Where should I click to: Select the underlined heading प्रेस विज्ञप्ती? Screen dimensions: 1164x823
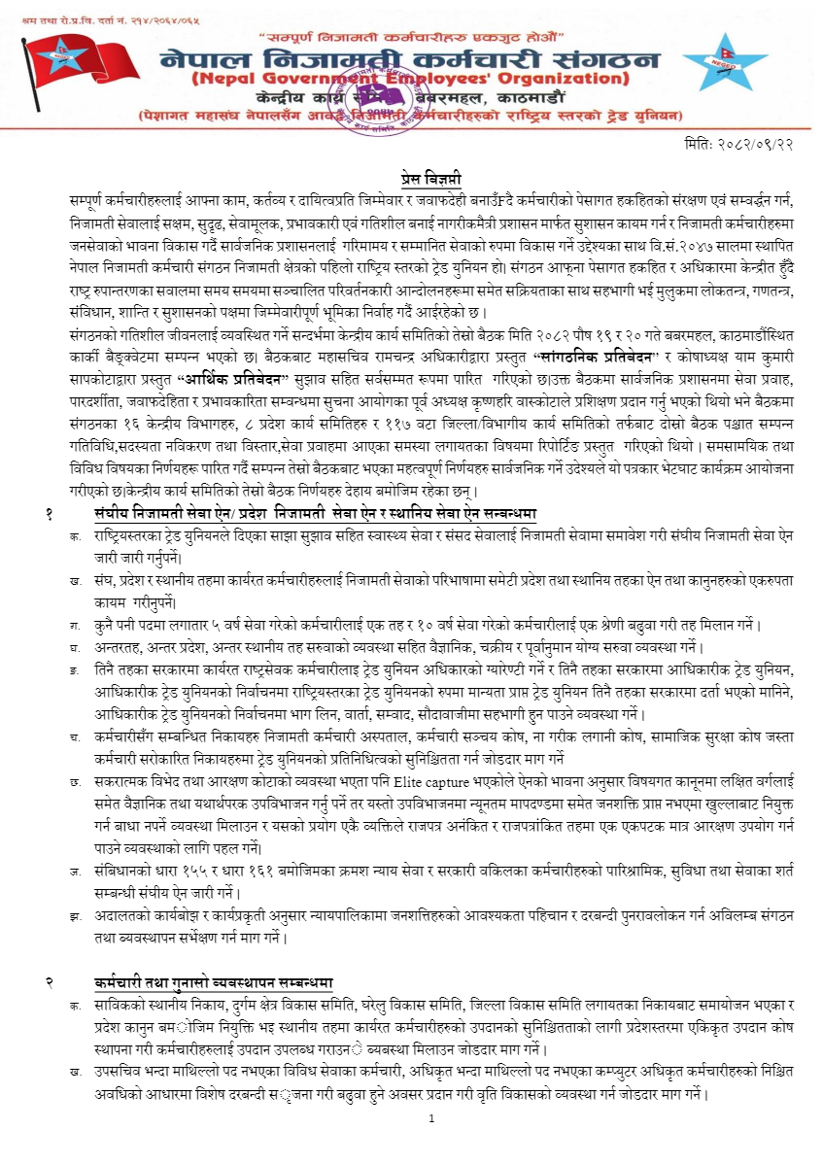430,178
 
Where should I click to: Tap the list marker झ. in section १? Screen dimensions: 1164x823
75,914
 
